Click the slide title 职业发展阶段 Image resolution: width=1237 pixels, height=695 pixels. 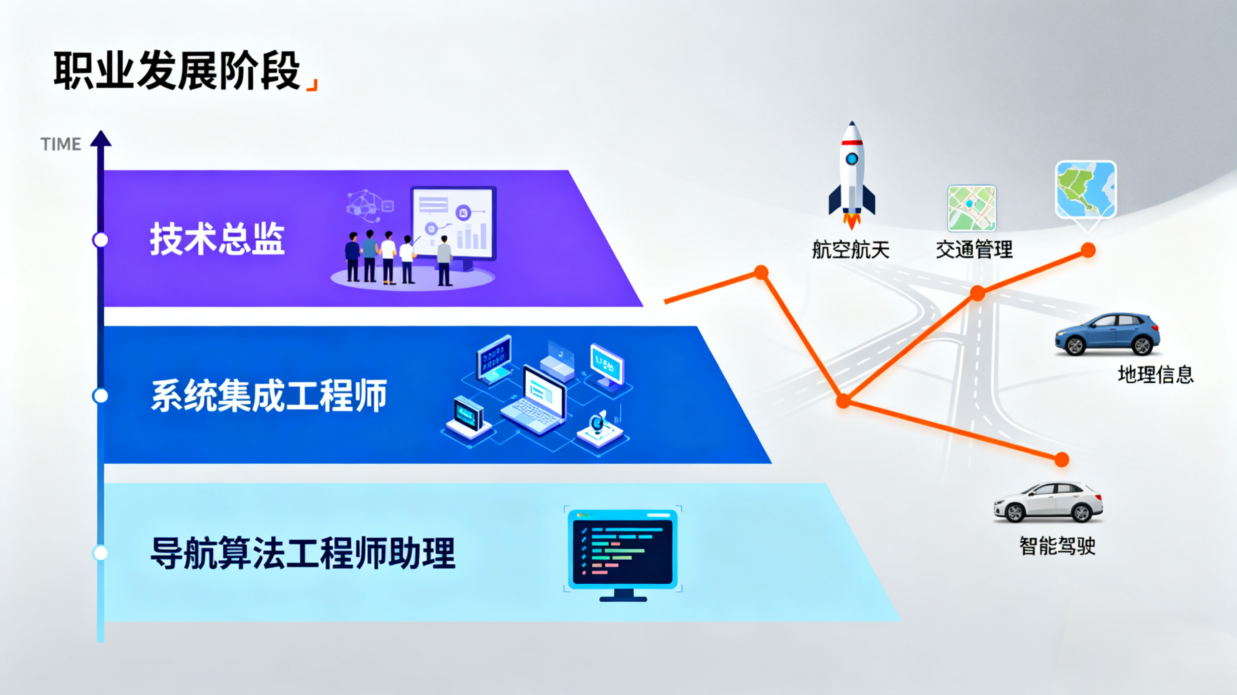coord(177,71)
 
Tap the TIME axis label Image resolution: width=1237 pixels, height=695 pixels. coord(61,144)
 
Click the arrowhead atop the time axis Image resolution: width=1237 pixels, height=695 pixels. coord(101,138)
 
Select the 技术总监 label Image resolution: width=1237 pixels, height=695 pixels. coord(217,238)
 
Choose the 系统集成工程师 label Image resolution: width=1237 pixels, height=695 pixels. coord(269,395)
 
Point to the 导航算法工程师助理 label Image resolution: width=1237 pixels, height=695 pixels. coord(303,553)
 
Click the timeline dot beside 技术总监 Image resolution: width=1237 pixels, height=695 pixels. coord(101,240)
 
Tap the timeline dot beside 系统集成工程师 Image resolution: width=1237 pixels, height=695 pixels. coord(101,396)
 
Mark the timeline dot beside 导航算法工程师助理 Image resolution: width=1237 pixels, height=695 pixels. coord(101,553)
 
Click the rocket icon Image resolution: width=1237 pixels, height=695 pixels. coord(852,175)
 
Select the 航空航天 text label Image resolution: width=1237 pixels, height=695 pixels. coord(850,250)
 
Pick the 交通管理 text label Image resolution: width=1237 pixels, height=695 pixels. coord(974,250)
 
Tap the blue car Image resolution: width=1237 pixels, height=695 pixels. coord(1108,334)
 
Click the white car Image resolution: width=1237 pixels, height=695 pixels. coord(1048,502)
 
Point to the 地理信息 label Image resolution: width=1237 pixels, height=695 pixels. coord(1155,374)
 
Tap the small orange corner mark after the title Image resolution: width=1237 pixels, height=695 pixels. coord(312,85)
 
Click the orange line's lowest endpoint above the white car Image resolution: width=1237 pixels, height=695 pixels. coord(1062,459)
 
